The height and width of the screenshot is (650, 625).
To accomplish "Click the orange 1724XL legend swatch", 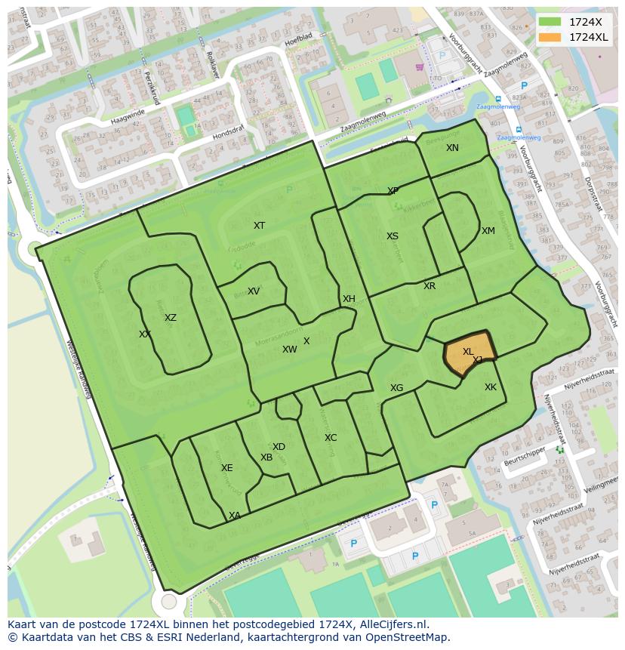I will click(550, 37).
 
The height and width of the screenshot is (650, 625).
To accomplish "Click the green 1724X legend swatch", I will click(550, 22).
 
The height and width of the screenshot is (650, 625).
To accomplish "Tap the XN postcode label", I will click(452, 148).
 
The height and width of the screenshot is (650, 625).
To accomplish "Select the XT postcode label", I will click(259, 226).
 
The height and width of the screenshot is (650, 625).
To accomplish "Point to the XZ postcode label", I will click(171, 318).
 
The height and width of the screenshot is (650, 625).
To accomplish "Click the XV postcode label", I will click(254, 291).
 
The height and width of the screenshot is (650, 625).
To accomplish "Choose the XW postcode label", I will click(289, 350).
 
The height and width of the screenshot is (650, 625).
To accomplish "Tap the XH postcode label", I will click(349, 299).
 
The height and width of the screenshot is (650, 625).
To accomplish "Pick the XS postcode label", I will click(393, 236).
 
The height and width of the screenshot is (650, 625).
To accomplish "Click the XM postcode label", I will click(488, 231).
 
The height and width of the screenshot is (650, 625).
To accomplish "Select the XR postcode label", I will click(429, 286).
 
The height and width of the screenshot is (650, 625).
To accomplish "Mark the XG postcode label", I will click(396, 388).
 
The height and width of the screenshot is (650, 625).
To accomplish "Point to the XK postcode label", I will click(491, 387).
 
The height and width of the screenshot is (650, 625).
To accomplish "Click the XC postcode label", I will click(331, 438).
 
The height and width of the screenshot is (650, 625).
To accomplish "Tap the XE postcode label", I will click(226, 468).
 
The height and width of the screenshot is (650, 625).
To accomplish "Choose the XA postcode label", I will click(235, 516).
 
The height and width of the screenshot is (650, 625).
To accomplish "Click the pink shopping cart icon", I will click(419, 66).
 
